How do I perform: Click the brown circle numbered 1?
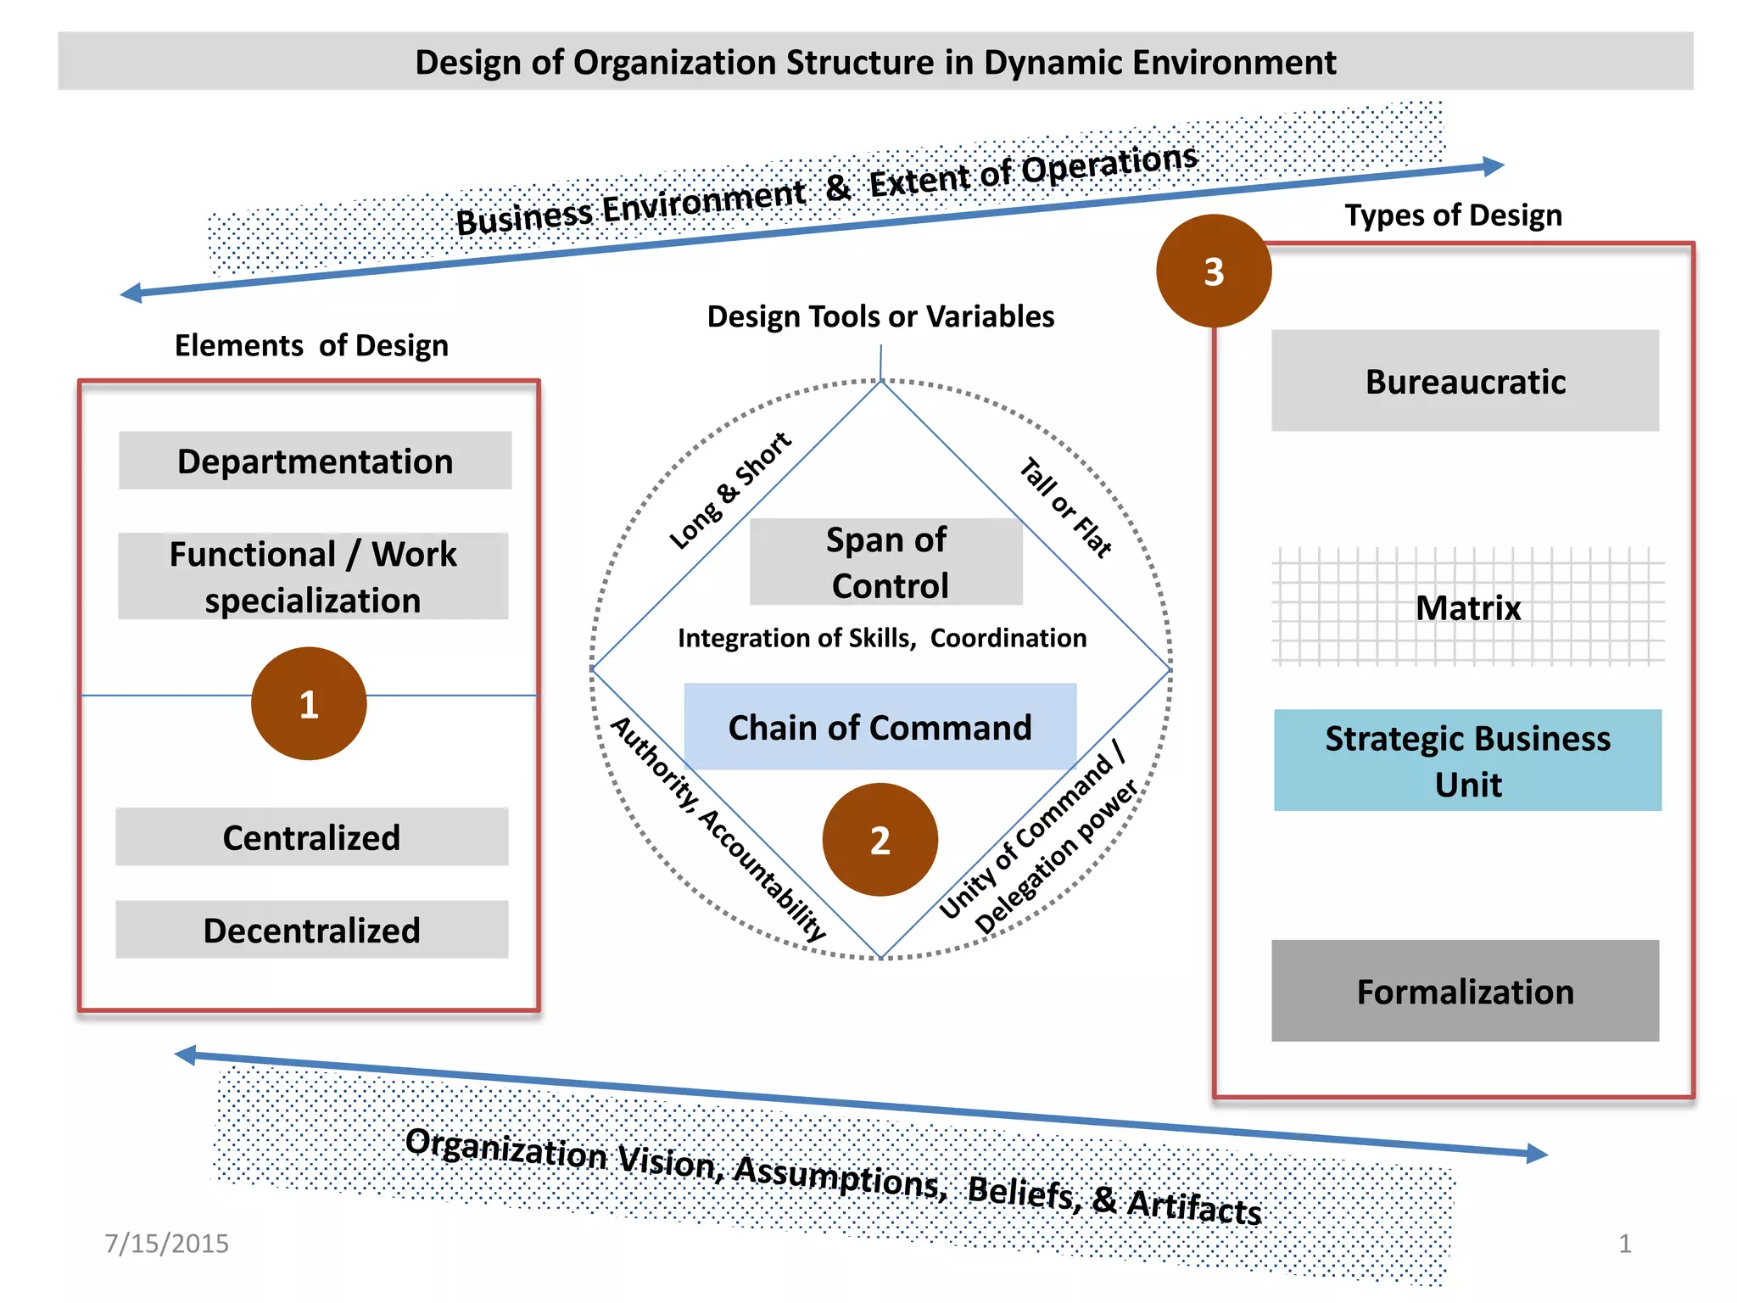[x=309, y=703]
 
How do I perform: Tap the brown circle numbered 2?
[x=880, y=839]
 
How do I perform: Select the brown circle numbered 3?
[x=1214, y=271]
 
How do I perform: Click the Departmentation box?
[x=315, y=461]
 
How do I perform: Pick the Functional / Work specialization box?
[x=313, y=576]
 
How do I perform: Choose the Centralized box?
[x=311, y=836]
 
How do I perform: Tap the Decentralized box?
[x=311, y=930]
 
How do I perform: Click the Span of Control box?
[x=886, y=562]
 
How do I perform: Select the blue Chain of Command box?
[x=880, y=727]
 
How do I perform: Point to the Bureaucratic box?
[x=1465, y=381]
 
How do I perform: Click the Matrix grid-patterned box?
[x=1468, y=607]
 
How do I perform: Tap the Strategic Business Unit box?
[x=1467, y=760]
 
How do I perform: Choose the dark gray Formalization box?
[x=1465, y=991]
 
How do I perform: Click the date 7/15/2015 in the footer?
[x=166, y=1243]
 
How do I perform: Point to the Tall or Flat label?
[x=1065, y=507]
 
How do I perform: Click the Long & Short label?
[x=729, y=490]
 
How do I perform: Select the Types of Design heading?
[x=1453, y=215]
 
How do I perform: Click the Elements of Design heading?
[x=311, y=345]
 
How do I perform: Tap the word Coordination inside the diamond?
[x=1008, y=638]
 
